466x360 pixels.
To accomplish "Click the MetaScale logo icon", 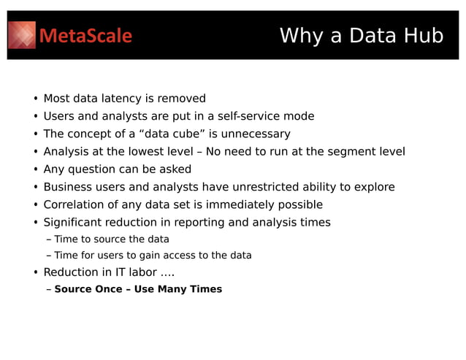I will pos(22,35).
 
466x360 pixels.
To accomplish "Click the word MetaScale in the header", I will pos(85,36).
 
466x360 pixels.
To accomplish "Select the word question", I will pos(93,169).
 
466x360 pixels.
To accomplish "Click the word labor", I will pos(140,272).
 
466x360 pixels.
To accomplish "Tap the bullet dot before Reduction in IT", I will pos(35,273).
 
